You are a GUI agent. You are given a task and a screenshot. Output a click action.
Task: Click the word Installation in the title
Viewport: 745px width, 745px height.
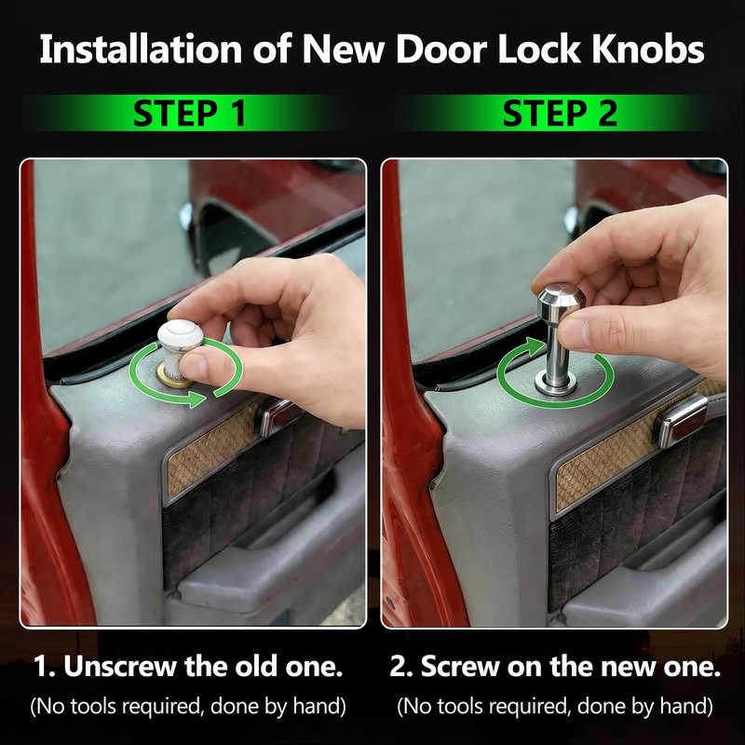(x=141, y=49)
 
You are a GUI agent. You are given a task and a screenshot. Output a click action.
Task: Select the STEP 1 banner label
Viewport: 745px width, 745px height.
(x=190, y=113)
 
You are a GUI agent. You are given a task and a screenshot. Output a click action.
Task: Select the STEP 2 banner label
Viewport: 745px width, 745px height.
(x=561, y=113)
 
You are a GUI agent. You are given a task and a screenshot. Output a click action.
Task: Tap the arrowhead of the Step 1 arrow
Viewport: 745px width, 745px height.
(x=196, y=399)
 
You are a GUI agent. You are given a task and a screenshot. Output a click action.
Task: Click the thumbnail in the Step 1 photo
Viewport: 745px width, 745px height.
(x=194, y=365)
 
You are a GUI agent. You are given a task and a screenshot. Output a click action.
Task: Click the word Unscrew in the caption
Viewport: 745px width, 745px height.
(x=120, y=666)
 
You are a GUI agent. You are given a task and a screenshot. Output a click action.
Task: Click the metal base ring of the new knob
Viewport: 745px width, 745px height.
(x=555, y=383)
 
